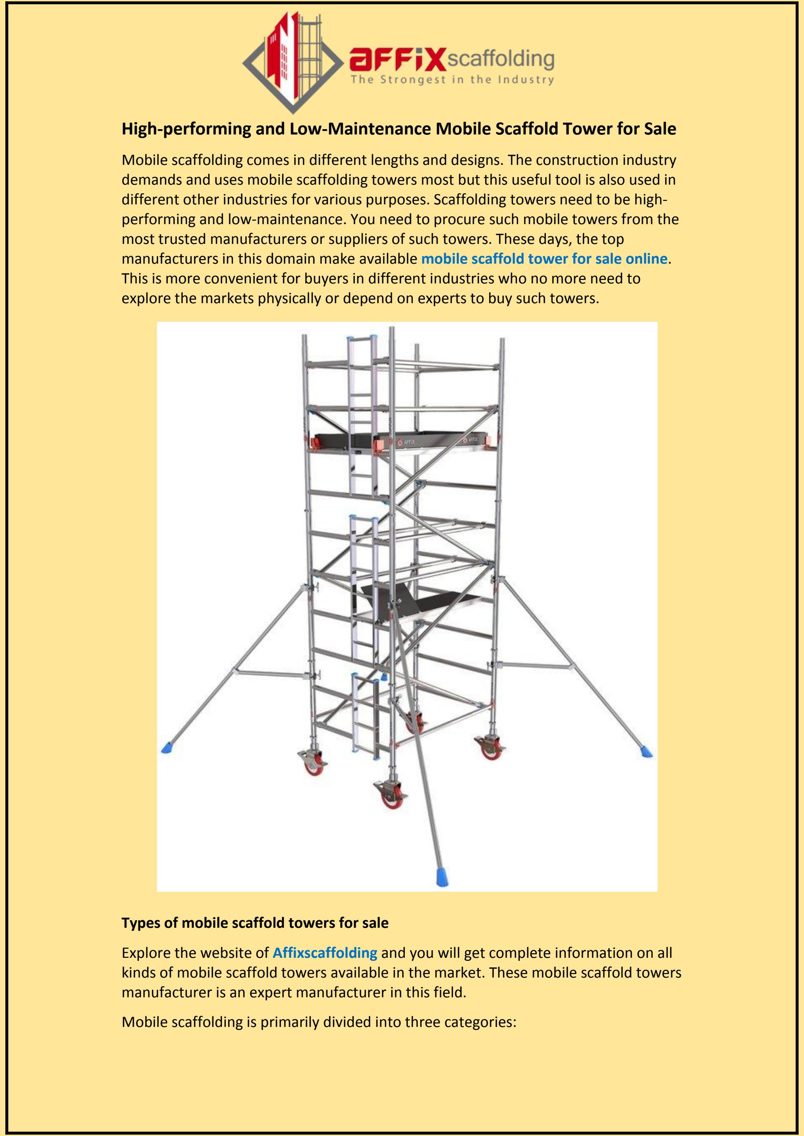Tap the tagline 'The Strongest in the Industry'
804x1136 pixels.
[452, 80]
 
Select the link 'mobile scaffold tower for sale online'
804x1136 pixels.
[544, 259]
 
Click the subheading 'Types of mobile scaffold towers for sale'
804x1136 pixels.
[255, 923]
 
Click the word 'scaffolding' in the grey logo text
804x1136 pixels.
[501, 59]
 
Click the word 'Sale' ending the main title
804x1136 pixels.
[660, 129]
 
